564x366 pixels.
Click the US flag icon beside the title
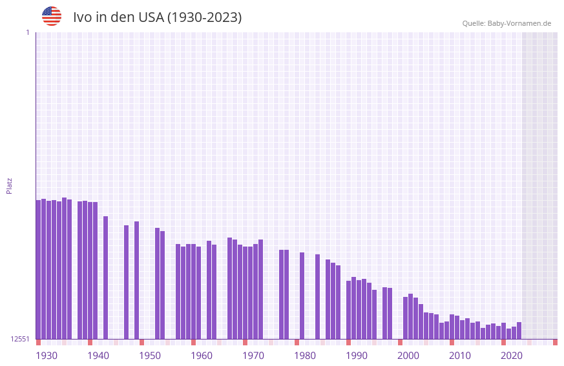click(x=52, y=16)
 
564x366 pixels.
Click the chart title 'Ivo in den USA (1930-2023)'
click(x=157, y=17)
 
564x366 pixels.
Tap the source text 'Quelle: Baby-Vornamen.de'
click(x=507, y=23)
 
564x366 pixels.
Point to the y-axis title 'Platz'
click(x=9, y=185)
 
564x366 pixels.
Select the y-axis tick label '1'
click(x=27, y=32)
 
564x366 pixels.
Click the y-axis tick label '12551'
click(x=20, y=339)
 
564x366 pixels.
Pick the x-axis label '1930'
click(x=47, y=356)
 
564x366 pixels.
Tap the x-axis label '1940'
click(x=98, y=356)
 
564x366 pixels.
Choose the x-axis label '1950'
click(x=150, y=356)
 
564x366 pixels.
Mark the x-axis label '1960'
click(x=202, y=356)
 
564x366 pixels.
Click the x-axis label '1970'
click(x=253, y=356)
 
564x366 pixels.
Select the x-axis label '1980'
click(x=305, y=356)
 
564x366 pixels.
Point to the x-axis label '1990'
click(x=357, y=356)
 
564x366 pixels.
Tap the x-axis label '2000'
click(x=408, y=356)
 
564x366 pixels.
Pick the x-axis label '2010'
click(x=460, y=356)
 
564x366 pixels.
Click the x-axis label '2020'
click(x=512, y=356)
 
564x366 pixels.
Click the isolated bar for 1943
click(x=106, y=278)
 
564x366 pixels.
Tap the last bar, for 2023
click(x=519, y=330)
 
